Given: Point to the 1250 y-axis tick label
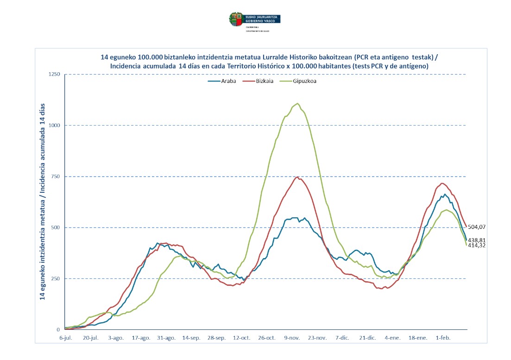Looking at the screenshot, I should (x=55, y=75).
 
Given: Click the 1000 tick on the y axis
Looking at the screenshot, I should (x=55, y=126).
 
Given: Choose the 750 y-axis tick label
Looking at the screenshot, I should (x=57, y=177).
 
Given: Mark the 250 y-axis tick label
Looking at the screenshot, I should (x=57, y=278).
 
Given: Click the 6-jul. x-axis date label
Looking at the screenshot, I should (x=65, y=338).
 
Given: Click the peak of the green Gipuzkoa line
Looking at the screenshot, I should (x=297, y=103).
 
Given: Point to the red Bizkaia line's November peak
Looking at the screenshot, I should (x=297, y=177).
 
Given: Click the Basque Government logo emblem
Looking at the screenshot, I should (x=235, y=19).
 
